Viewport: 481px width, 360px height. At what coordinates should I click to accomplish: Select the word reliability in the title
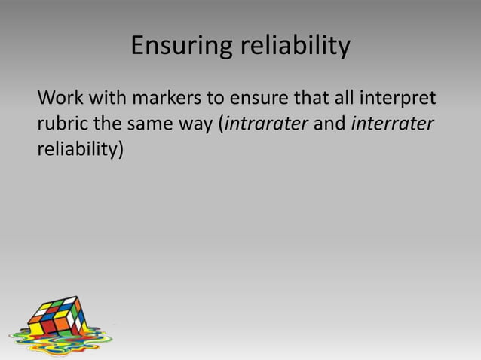tap(296, 47)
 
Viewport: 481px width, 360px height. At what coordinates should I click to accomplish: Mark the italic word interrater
tap(393, 124)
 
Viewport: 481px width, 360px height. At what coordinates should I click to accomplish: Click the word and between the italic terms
tap(329, 124)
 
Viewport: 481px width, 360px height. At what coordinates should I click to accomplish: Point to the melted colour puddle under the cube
tap(60, 343)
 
